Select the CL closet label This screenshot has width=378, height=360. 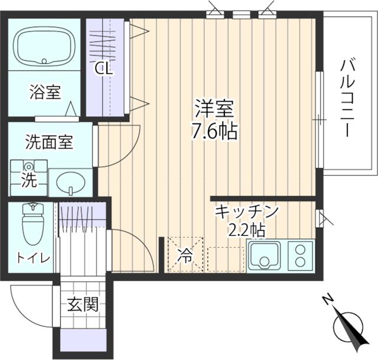tap(105, 69)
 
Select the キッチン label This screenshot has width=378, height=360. tap(246, 211)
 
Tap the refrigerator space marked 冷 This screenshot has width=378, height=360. tap(185, 255)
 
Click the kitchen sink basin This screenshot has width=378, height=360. tap(265, 256)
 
